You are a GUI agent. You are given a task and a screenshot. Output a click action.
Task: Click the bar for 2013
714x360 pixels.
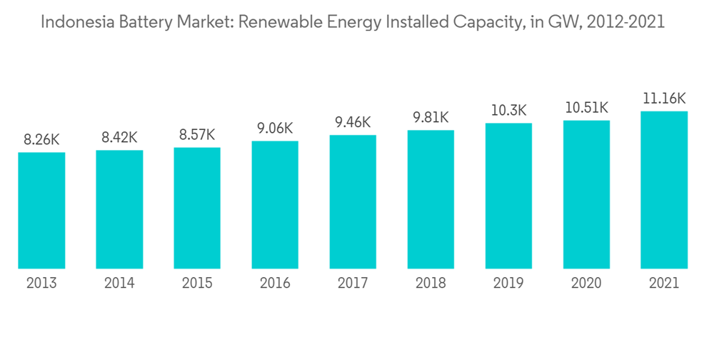coord(41,210)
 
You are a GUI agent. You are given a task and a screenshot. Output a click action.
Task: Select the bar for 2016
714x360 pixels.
coord(275,204)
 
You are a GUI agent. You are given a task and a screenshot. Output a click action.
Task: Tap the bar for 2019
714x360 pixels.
coord(508,196)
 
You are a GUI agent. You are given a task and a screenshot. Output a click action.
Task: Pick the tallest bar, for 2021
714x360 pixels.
coord(664,190)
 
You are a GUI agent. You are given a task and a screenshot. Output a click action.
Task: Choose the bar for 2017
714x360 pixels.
coord(353,201)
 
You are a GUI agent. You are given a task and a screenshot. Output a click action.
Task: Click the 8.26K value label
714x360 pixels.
coord(41,140)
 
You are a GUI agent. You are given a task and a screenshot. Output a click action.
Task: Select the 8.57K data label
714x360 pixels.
coord(197,135)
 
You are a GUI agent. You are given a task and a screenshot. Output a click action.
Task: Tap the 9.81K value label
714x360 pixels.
coord(431,117)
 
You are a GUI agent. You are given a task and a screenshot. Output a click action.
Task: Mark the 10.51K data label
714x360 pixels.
coord(586,108)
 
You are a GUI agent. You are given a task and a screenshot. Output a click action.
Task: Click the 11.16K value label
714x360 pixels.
coord(664,99)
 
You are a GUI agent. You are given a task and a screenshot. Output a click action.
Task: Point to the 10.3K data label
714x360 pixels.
coord(508,111)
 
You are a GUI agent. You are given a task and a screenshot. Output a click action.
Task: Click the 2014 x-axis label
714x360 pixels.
coord(119,284)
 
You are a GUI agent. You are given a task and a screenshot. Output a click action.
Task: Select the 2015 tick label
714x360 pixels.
coord(197,284)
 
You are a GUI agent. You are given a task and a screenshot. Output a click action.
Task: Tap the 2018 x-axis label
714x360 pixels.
coord(431,284)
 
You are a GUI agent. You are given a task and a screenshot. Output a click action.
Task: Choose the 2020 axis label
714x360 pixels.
coord(586,284)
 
